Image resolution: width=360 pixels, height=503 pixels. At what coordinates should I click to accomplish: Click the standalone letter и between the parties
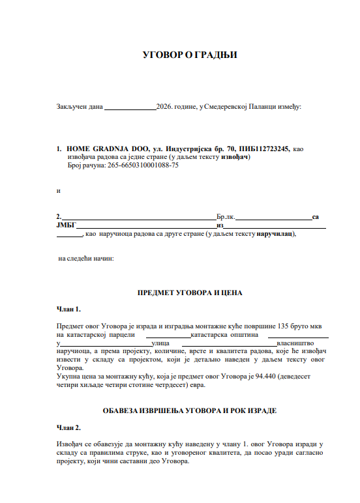[x=59, y=191]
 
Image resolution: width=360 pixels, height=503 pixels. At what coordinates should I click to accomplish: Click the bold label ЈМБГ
[x=67, y=225]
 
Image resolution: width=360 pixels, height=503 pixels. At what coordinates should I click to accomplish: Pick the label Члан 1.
[x=69, y=309]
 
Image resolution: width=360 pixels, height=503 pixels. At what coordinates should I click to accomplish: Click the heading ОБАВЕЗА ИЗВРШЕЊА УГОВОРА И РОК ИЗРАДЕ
[x=189, y=410]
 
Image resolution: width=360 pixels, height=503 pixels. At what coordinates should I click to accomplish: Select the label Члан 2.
[x=69, y=427]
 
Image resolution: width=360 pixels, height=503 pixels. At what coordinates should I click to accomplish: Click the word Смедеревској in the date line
[x=230, y=106]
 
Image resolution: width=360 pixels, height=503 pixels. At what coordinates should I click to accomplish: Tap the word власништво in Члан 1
[x=297, y=342]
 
